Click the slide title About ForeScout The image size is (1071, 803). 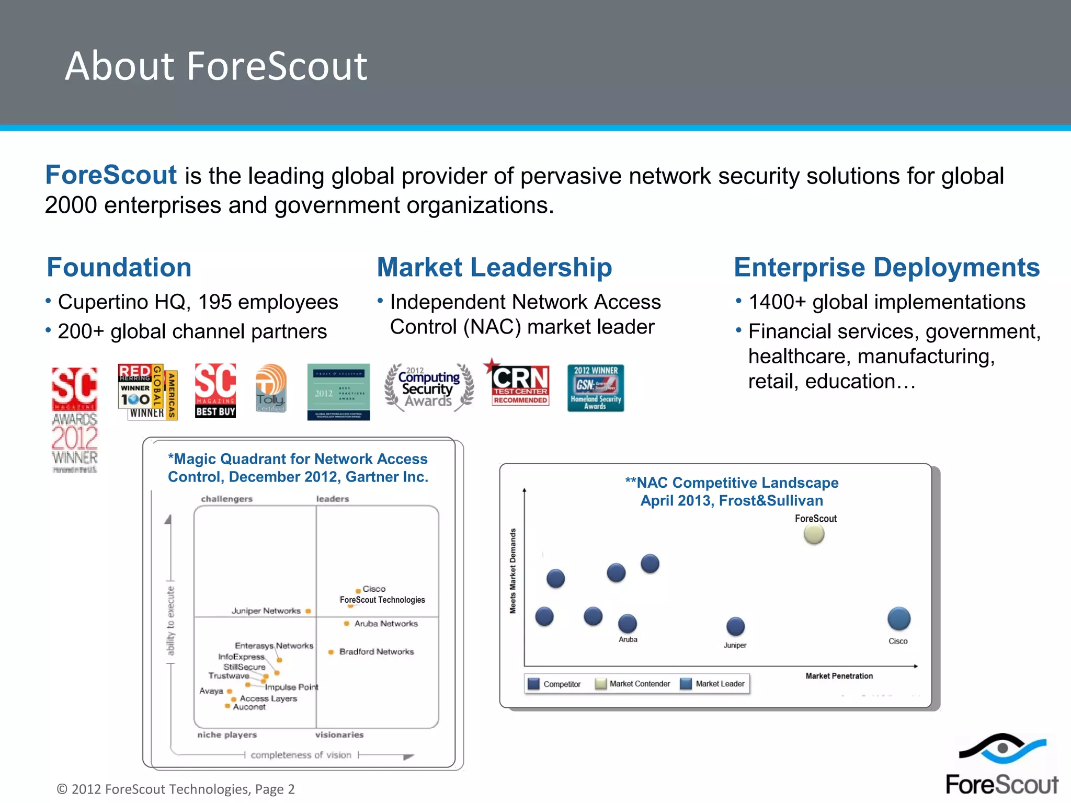tap(216, 66)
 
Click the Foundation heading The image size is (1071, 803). tap(119, 267)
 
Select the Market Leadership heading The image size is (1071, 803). tap(494, 267)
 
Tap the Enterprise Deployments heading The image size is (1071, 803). tap(886, 267)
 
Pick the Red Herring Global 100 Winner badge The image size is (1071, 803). tap(147, 392)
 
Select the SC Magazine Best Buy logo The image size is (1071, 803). tap(215, 391)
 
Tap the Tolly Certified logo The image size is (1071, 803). tap(270, 389)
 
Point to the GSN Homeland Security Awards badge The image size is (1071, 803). tap(595, 388)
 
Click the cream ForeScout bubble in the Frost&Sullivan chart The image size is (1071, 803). tap(814, 534)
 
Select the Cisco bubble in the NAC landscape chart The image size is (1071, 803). tap(898, 619)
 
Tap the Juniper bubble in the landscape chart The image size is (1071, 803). tap(735, 626)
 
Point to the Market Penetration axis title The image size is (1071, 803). tap(839, 676)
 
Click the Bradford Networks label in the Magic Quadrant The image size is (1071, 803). tap(376, 652)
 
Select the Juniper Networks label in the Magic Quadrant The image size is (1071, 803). tap(266, 611)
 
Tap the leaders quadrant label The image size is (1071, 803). tap(332, 499)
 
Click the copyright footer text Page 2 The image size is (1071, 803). tap(175, 789)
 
